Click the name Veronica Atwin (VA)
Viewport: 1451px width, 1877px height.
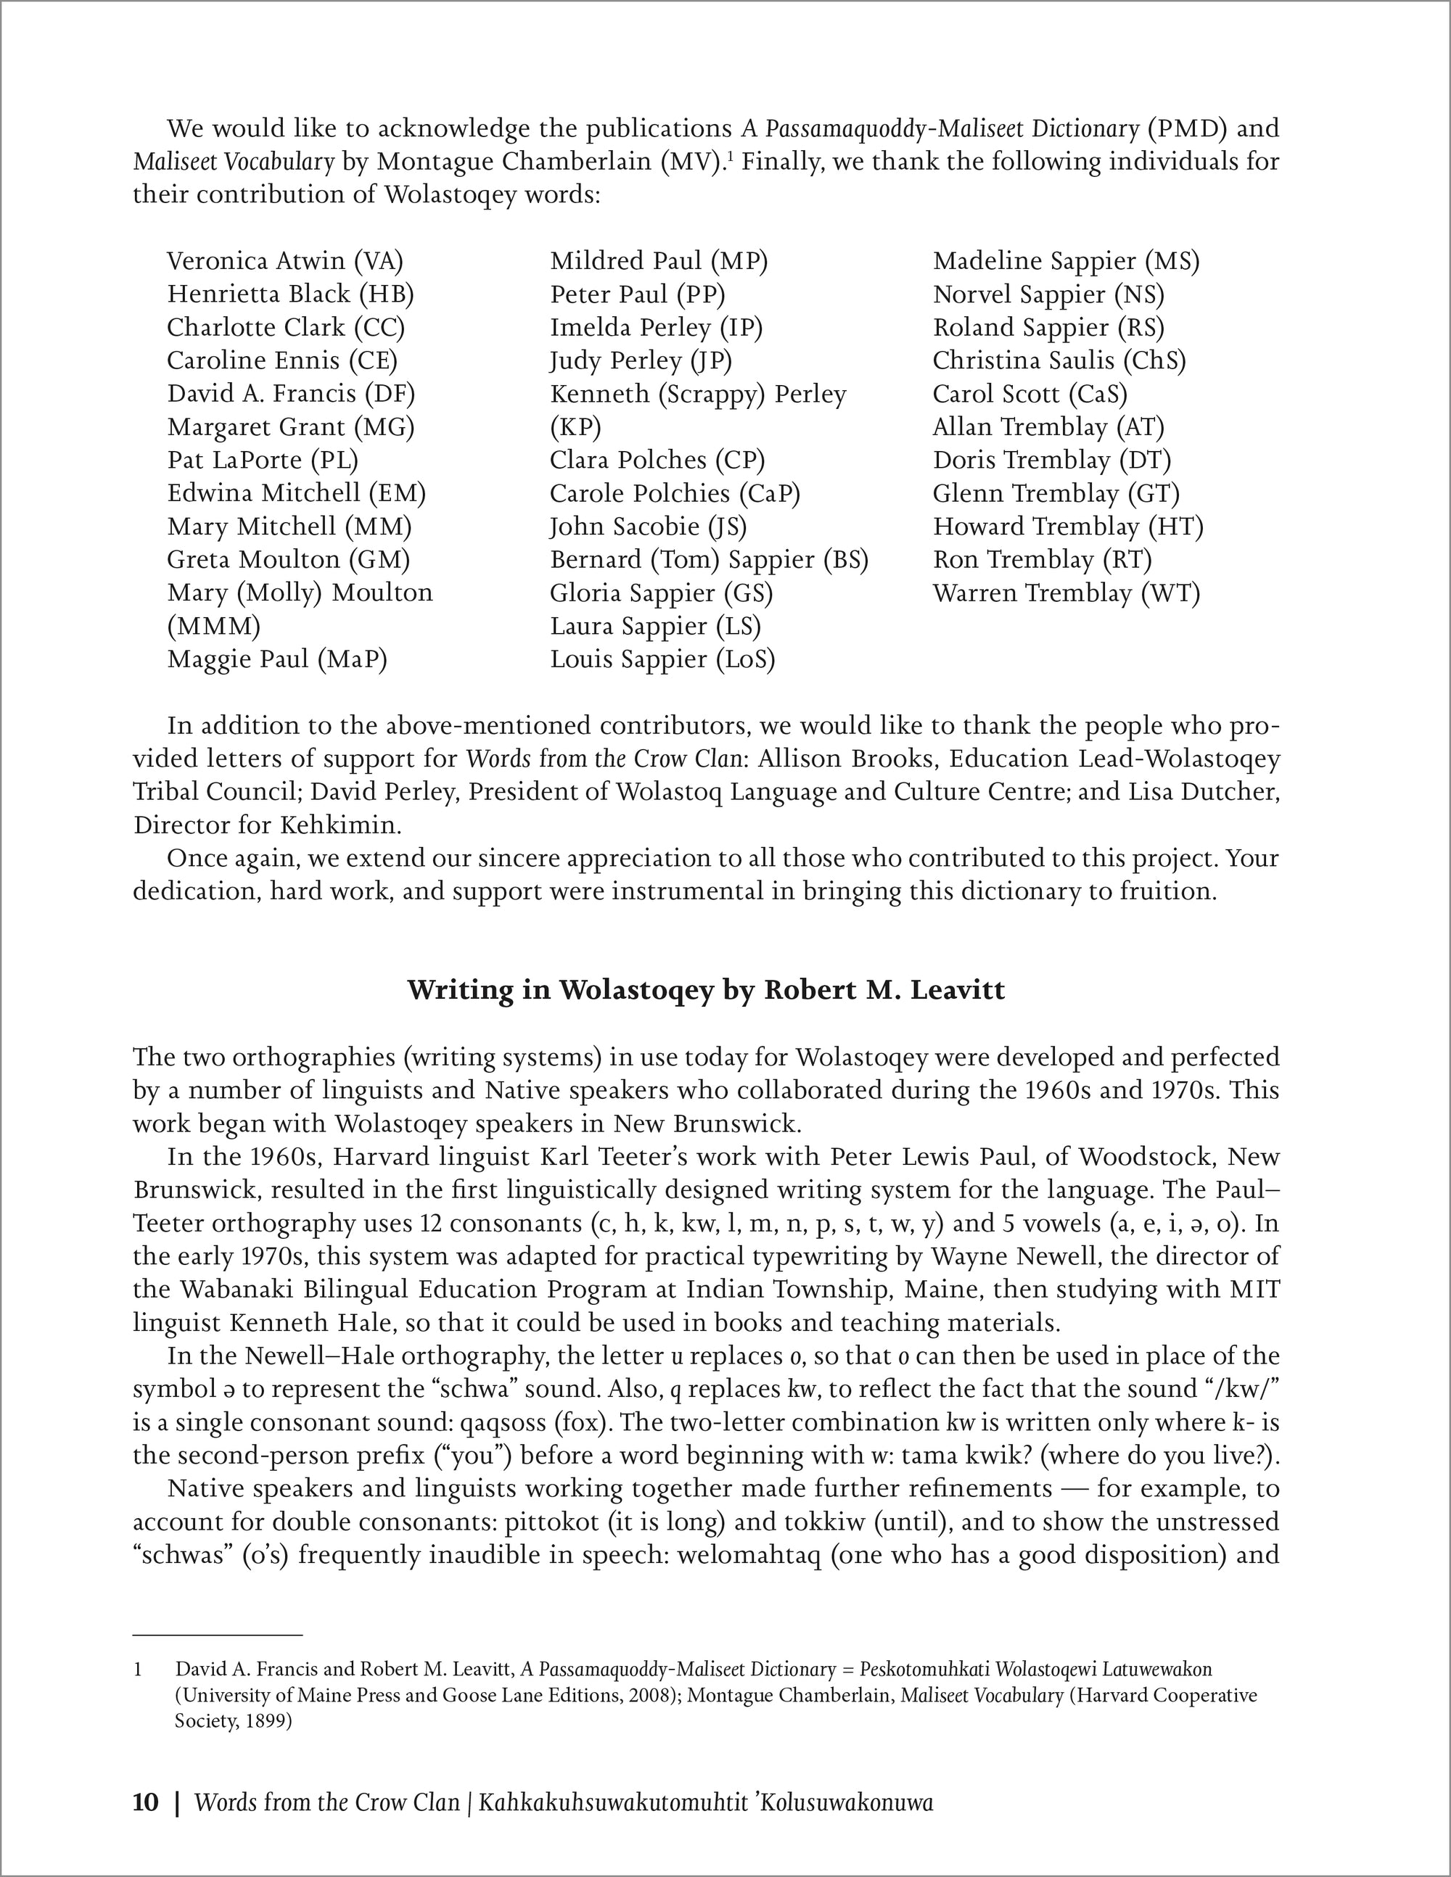284,260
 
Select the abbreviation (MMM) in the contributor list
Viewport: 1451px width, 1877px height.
213,626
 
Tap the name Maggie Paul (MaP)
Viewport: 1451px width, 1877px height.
277,659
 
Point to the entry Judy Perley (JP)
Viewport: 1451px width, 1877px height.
641,360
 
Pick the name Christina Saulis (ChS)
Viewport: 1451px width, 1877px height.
1059,360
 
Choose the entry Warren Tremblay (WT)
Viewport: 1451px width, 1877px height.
1066,593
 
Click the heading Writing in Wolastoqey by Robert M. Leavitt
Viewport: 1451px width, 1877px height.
706,990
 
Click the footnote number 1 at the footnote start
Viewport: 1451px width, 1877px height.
138,1670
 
